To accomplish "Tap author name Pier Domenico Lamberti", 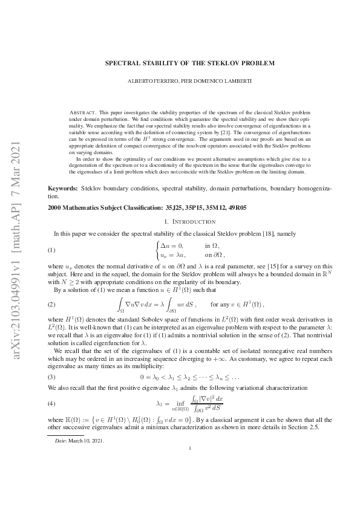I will (212, 81).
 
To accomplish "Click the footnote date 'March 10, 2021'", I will (88, 441).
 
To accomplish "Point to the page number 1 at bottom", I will (190, 465).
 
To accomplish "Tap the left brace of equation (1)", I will (158, 250).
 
